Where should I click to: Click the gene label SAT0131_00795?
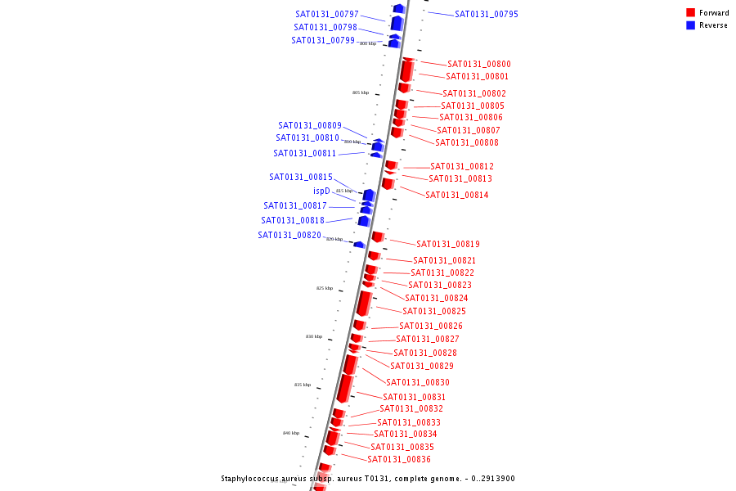pyautogui.click(x=486, y=14)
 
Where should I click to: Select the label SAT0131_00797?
pyautogui.click(x=327, y=14)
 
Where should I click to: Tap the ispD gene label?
pyautogui.click(x=321, y=191)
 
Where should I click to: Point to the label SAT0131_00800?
pyautogui.click(x=478, y=64)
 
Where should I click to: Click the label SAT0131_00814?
pyautogui.click(x=456, y=195)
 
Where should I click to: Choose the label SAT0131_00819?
pyautogui.click(x=447, y=244)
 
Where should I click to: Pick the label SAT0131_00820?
pyautogui.click(x=289, y=235)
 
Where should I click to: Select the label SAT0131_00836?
pyautogui.click(x=398, y=459)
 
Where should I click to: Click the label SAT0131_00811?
pyautogui.click(x=304, y=153)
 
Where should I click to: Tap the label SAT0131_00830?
pyautogui.click(x=417, y=382)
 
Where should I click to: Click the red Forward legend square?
pyautogui.click(x=690, y=12)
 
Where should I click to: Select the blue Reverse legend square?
pyautogui.click(x=690, y=25)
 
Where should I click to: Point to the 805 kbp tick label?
pyautogui.click(x=361, y=92)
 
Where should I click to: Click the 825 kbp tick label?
pyautogui.click(x=325, y=288)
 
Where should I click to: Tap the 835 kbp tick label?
pyautogui.click(x=303, y=385)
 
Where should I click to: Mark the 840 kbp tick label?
pyautogui.click(x=291, y=433)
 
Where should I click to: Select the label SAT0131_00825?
pyautogui.click(x=433, y=311)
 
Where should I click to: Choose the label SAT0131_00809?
pyautogui.click(x=309, y=125)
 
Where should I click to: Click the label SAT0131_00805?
pyautogui.click(x=472, y=106)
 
